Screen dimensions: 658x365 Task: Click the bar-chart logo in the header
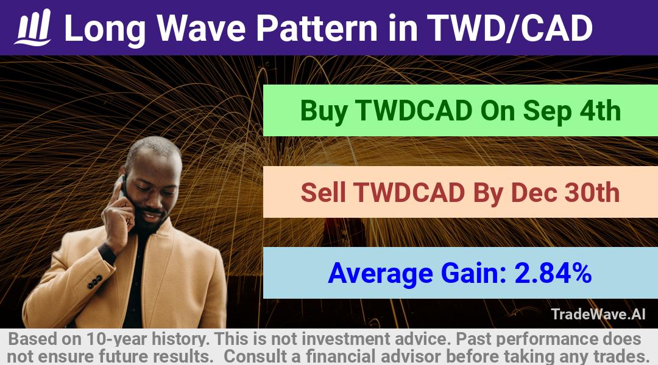pyautogui.click(x=33, y=27)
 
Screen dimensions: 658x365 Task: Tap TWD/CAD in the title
pyautogui.click(x=509, y=28)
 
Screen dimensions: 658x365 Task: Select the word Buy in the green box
pyautogui.click(x=324, y=111)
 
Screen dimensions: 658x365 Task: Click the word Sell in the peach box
pyautogui.click(x=323, y=192)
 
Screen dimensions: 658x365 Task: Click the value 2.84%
pyautogui.click(x=553, y=273)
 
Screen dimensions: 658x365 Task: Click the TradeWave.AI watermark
pyautogui.click(x=598, y=314)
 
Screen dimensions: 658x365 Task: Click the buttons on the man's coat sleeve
pyautogui.click(x=95, y=282)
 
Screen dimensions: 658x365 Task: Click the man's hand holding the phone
pyautogui.click(x=119, y=218)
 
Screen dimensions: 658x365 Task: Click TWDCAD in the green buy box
pyautogui.click(x=414, y=111)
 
